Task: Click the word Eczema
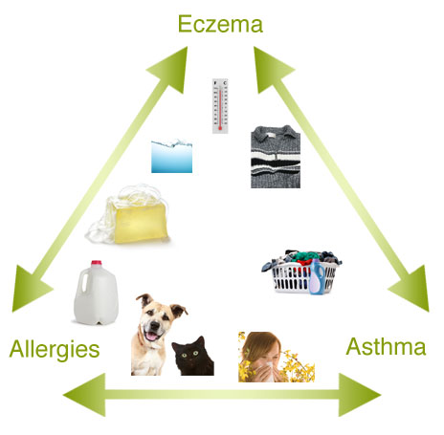point(220,24)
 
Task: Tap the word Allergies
point(55,350)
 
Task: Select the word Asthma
point(386,346)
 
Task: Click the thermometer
point(220,106)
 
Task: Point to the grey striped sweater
point(276,157)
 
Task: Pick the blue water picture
point(171,156)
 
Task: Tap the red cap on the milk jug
point(97,263)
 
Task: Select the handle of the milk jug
point(84,281)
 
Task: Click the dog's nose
point(155,324)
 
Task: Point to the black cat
point(192,357)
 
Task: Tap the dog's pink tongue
point(150,337)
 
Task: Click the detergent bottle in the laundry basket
point(317,276)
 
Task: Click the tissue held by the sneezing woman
point(267,372)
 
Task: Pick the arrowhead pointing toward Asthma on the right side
point(412,290)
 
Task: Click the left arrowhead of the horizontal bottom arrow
point(85,395)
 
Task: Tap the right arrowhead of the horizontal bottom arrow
point(359,395)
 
